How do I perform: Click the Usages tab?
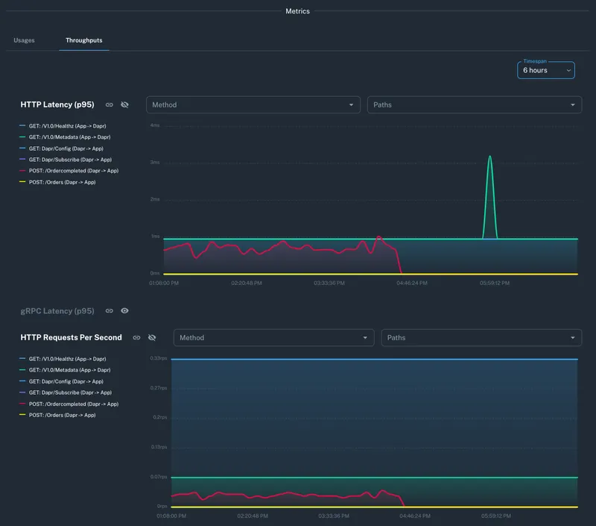point(24,40)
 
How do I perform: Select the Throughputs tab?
point(84,40)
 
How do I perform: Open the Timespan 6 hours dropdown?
point(546,70)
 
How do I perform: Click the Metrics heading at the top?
point(298,11)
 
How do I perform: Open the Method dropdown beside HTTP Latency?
point(253,105)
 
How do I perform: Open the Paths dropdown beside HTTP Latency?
point(475,105)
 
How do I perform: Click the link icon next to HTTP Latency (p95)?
point(110,105)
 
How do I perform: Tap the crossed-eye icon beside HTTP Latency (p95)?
point(125,105)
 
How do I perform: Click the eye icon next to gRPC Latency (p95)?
point(125,310)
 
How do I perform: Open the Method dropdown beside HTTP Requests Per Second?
point(274,338)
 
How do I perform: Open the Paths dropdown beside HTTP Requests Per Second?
point(481,338)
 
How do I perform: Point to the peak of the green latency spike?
point(489,156)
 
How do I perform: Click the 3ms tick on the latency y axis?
point(155,162)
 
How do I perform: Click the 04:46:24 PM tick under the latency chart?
point(412,284)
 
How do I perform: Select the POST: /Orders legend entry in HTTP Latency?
point(62,182)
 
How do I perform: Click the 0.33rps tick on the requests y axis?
point(158,359)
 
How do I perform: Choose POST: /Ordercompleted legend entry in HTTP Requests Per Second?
point(73,404)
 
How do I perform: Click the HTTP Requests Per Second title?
point(72,337)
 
